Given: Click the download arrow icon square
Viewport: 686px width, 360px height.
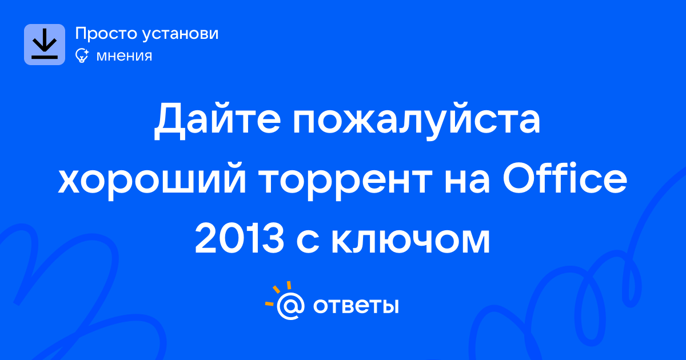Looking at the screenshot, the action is click(45, 45).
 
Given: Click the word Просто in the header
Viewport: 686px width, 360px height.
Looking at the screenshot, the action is click(106, 34).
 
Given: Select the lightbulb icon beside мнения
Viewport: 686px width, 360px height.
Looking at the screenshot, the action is click(82, 55).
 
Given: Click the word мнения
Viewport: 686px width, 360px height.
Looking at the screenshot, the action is click(125, 56).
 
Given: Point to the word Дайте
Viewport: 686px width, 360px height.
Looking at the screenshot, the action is click(217, 119).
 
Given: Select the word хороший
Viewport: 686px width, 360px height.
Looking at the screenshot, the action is click(152, 181).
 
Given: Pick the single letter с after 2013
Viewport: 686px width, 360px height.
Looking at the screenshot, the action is click(308, 241).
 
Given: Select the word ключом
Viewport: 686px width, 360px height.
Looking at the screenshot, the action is click(410, 241).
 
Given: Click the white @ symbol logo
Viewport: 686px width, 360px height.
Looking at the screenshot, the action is click(290, 306).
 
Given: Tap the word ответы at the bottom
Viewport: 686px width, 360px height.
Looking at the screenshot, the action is click(356, 306).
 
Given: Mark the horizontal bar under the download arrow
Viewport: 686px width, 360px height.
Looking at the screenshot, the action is click(45, 57).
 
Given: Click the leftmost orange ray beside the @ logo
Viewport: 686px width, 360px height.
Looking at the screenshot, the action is click(269, 303).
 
